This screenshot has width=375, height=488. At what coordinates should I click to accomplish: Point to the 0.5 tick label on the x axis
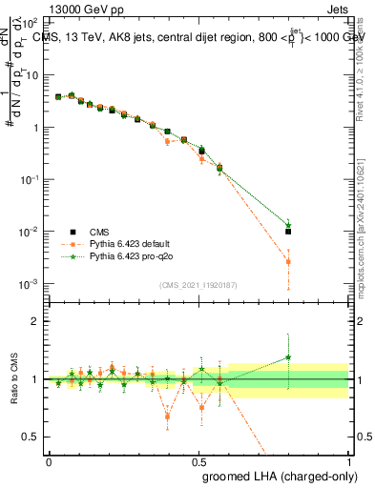198,461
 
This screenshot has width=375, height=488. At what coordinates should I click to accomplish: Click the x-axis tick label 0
49,461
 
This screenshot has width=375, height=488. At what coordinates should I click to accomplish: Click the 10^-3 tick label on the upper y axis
29,285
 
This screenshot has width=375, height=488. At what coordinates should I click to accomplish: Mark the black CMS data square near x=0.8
288,231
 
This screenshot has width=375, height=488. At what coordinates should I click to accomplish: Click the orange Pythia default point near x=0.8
288,261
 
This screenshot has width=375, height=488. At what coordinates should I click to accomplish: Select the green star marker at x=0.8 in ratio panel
288,357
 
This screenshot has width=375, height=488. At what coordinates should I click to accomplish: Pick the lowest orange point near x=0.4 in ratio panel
168,417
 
